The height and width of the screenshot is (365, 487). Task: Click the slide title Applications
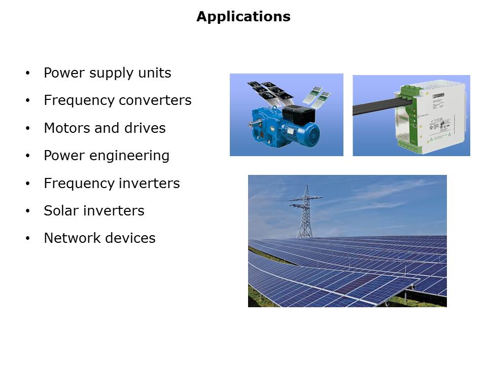tap(243, 17)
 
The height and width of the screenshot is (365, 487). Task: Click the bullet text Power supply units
tap(108, 73)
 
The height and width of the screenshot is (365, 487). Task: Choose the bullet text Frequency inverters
tap(112, 183)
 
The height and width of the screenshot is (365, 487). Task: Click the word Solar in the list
tap(59, 210)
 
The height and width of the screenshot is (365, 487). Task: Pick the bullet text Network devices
tap(99, 238)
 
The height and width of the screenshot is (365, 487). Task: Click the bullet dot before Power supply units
tap(27, 74)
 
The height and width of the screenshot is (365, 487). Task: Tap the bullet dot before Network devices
tap(27, 238)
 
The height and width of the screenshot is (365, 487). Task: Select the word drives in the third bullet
tap(150, 128)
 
